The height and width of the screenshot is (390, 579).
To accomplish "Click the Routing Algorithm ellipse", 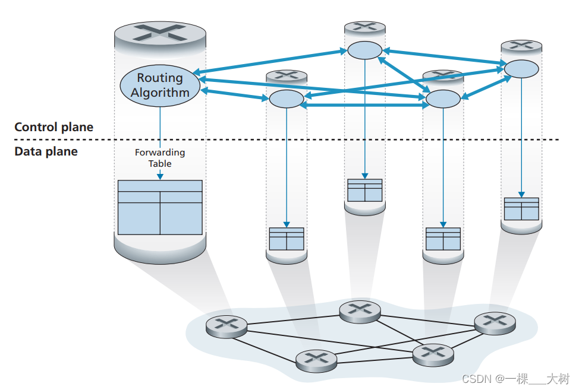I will point(160,85).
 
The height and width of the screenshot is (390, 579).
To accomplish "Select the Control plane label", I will point(54,127).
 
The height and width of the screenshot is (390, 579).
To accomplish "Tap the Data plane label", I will point(46,151).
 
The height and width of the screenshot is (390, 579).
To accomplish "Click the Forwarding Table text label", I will point(160,158).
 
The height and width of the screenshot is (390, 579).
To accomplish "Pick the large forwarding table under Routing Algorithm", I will point(160,207).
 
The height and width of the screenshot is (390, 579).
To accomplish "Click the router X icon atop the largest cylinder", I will point(160,33).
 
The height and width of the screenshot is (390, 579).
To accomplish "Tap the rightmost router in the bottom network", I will point(495,321).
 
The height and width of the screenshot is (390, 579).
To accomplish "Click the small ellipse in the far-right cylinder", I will point(521,69).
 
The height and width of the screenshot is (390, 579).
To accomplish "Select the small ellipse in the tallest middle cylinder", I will point(364,50).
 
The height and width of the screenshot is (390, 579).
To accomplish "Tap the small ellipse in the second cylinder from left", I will point(286,99).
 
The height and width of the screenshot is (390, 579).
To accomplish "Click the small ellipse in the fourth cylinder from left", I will point(443,99).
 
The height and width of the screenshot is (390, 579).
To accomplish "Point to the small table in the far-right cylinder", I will point(521,209).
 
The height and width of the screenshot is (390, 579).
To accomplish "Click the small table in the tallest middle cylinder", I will point(364,190).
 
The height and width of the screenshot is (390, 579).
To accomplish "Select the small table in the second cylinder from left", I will point(286,239).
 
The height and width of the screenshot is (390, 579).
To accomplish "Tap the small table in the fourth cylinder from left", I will point(443,239).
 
